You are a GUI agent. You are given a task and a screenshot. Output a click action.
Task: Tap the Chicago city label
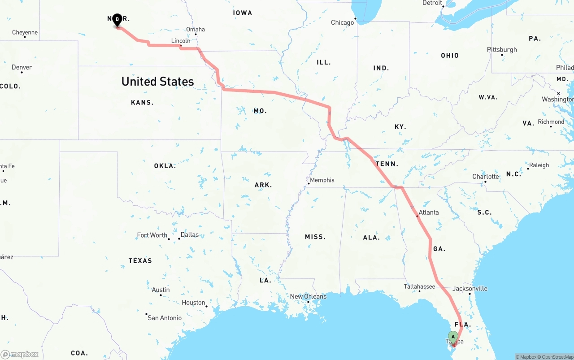pos(342,22)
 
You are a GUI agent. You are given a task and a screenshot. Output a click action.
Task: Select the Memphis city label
pos(322,180)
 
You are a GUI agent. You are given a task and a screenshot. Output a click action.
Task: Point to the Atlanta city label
pos(429,212)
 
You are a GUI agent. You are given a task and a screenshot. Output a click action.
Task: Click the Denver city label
pos(22,67)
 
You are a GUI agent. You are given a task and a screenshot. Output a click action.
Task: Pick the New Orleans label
pos(308,296)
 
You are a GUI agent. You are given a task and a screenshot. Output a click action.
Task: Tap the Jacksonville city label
pos(470,288)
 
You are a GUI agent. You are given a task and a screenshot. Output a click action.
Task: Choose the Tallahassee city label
pos(419,286)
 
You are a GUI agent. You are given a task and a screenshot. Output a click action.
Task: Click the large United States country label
pos(157,82)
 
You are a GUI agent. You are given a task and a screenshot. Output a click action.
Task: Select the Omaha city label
pos(196,30)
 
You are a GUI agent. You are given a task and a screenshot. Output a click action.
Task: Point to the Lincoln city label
pos(181,41)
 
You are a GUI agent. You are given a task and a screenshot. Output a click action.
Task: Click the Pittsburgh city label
pos(502,49)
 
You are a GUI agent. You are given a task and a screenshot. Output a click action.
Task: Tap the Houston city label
pos(193,303)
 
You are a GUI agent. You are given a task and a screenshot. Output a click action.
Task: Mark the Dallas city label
pos(189,234)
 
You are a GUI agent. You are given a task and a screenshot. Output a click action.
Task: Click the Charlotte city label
pos(485,177)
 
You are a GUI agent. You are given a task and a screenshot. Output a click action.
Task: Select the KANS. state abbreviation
pos(142,103)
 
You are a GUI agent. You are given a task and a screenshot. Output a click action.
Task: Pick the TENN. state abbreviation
pos(387,164)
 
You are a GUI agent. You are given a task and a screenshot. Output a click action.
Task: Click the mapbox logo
pos(20,354)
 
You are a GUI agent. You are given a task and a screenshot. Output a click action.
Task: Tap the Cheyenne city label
pos(25,32)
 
